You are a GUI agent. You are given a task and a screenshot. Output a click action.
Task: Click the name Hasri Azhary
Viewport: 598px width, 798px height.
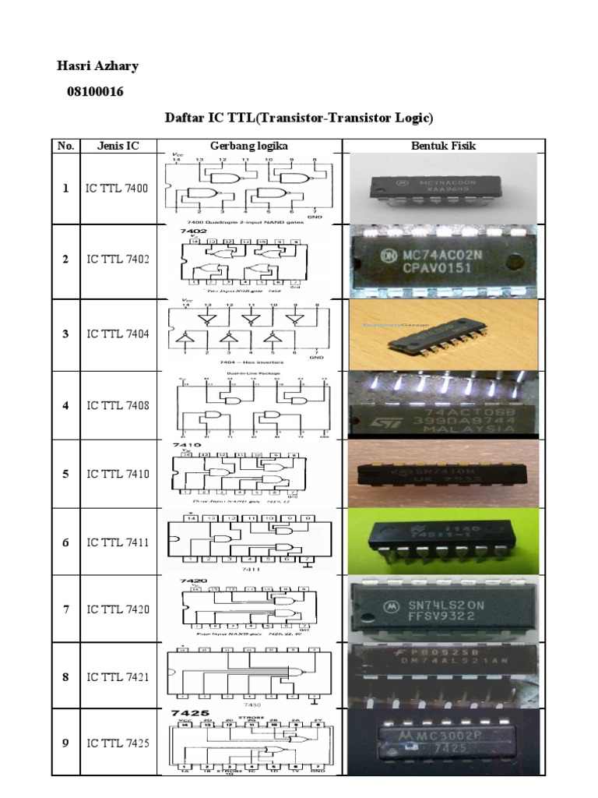coord(97,65)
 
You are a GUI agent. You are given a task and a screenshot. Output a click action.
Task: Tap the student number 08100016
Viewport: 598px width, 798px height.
coord(94,92)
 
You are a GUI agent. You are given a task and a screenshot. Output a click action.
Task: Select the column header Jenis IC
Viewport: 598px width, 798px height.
coord(117,146)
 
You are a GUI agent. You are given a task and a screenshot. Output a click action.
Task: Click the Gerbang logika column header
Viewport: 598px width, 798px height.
coord(249,146)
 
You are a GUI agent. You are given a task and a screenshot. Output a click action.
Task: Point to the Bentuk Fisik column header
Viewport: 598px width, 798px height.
coord(444,146)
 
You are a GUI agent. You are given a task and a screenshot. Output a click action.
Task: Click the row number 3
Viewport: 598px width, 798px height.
coord(66,334)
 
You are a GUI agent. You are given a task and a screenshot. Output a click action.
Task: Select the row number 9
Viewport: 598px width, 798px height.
coord(66,743)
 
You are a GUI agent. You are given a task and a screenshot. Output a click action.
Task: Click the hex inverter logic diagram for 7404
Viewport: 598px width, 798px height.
coord(249,334)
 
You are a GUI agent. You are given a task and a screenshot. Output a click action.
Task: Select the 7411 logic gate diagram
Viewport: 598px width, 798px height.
coord(249,542)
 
